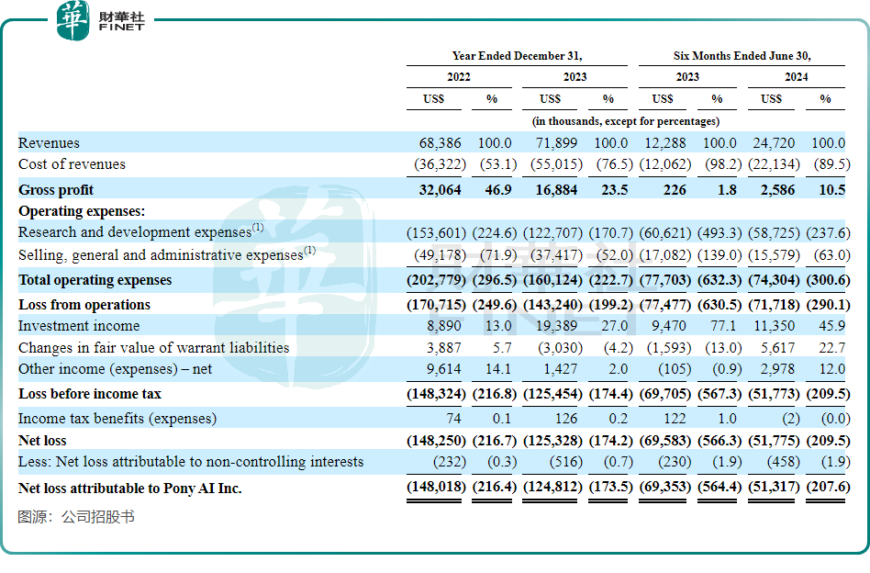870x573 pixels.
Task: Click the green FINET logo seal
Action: tap(72, 20)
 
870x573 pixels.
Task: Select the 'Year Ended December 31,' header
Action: tap(517, 56)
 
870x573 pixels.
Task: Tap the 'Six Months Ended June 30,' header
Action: tap(742, 56)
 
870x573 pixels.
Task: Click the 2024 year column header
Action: tap(797, 77)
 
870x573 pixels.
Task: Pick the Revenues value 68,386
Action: tap(440, 143)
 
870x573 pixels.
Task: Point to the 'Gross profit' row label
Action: tap(56, 190)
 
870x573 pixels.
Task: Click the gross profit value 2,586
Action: tap(777, 190)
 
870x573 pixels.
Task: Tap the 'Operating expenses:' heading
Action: tap(82, 211)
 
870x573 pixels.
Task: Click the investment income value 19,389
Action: tap(556, 326)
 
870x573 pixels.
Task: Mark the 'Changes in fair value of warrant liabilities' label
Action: tap(153, 348)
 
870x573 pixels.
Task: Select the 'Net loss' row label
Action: tap(42, 441)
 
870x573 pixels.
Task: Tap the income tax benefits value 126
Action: tap(566, 419)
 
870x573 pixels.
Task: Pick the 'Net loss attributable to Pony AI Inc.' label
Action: tap(129, 489)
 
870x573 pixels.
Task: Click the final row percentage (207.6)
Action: tap(828, 487)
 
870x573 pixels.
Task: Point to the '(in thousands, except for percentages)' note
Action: tap(625, 121)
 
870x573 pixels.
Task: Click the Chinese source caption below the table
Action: tap(76, 517)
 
